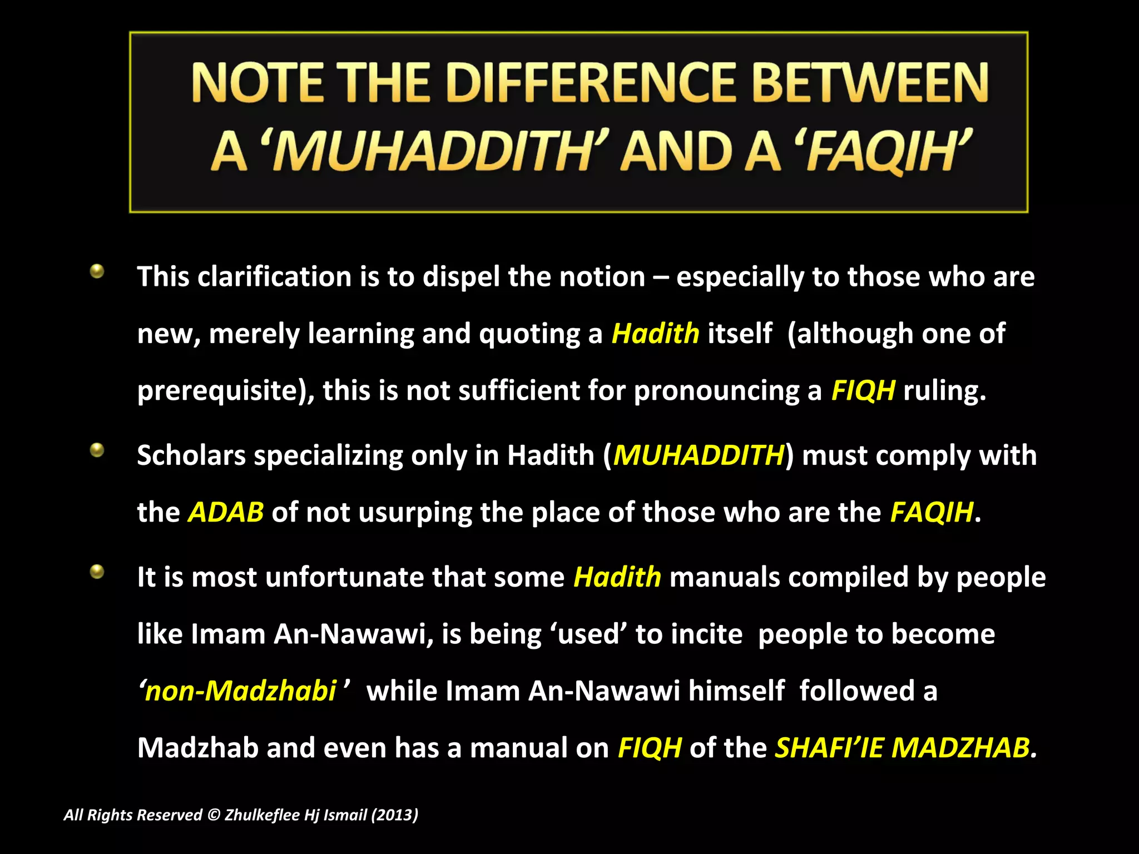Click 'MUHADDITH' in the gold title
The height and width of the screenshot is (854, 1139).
click(x=434, y=151)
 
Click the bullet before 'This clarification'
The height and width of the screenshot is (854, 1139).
click(x=97, y=271)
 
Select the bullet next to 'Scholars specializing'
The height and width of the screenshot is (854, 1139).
click(x=97, y=450)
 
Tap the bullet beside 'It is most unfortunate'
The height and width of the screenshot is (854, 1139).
click(x=97, y=572)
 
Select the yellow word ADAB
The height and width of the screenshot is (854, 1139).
click(x=226, y=512)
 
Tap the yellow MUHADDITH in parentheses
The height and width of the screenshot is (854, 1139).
click(x=699, y=455)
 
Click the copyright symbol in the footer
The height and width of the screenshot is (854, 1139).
click(x=214, y=815)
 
